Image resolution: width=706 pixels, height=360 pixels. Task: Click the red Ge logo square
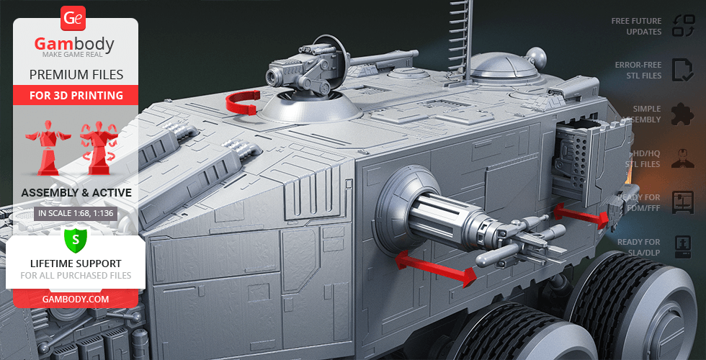[73, 19]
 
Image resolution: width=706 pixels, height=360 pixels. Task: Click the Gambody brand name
[74, 44]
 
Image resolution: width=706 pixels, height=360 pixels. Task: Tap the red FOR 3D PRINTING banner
[76, 95]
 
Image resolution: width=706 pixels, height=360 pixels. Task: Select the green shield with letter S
[76, 240]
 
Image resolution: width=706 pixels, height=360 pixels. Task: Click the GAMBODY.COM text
[76, 300]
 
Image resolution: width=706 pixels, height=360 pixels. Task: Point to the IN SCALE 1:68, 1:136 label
[76, 214]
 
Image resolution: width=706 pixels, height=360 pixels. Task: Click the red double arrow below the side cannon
[435, 268]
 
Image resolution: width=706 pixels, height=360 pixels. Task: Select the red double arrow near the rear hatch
[581, 215]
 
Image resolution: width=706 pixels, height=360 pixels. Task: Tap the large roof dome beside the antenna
[504, 68]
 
